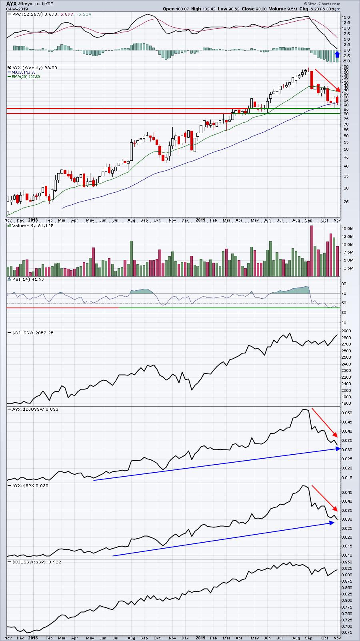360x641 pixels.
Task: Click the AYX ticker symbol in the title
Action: (11, 4)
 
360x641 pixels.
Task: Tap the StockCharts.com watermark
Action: (322, 4)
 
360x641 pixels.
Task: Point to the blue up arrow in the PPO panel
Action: (337, 54)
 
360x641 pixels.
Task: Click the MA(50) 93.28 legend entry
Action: (24, 72)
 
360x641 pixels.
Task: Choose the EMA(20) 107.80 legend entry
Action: (26, 77)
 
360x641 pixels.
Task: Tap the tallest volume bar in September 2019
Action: (312, 251)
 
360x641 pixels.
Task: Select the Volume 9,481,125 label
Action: (33, 226)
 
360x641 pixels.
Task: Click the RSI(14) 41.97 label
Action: (28, 279)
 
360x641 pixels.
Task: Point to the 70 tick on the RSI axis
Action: (344, 294)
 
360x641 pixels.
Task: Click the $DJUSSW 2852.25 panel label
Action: (33, 333)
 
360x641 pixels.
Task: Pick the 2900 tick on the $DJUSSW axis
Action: (346, 331)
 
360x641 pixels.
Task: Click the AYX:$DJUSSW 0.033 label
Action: (35, 409)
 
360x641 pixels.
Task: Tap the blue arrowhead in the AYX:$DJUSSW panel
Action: (338, 449)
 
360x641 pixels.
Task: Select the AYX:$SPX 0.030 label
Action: (30, 485)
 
